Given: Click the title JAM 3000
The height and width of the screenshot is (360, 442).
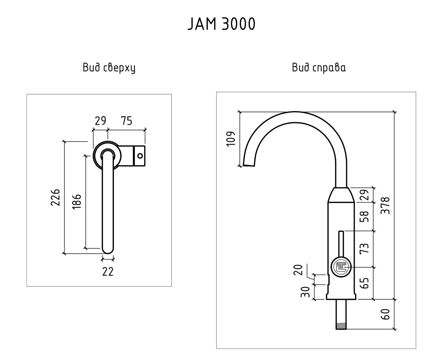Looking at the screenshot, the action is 221,24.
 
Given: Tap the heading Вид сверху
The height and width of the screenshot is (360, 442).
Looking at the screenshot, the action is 109,68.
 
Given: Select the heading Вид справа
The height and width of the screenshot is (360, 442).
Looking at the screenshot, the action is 319,68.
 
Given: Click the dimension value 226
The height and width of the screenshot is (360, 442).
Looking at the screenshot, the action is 55,197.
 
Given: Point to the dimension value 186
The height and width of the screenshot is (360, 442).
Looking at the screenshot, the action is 77,202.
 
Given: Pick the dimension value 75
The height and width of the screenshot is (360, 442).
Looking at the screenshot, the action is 126,121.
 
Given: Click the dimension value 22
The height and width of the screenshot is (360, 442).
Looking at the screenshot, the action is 108,271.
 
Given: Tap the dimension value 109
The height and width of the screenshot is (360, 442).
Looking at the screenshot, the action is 231,139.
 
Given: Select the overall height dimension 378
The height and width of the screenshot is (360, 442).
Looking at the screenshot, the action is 386,205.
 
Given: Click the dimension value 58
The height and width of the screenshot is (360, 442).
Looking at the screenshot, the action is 364,216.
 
